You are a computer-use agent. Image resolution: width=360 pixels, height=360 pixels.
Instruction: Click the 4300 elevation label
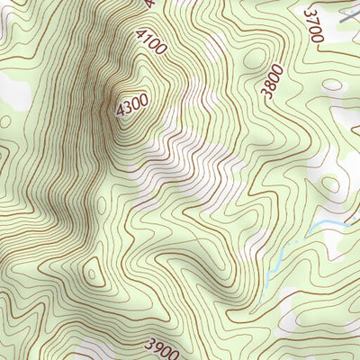point(131,106)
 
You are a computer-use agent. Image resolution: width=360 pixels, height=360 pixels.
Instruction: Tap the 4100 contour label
point(150,41)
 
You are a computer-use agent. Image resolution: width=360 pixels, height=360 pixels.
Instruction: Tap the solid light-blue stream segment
point(328,226)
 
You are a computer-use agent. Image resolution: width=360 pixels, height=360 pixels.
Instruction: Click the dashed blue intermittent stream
point(274,265)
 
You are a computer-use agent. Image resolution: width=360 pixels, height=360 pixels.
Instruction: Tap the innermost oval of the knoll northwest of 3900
point(92,271)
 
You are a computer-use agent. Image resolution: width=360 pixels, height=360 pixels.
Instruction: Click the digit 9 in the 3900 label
point(156,344)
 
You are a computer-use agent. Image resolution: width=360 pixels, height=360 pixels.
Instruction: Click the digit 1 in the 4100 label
point(147,39)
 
